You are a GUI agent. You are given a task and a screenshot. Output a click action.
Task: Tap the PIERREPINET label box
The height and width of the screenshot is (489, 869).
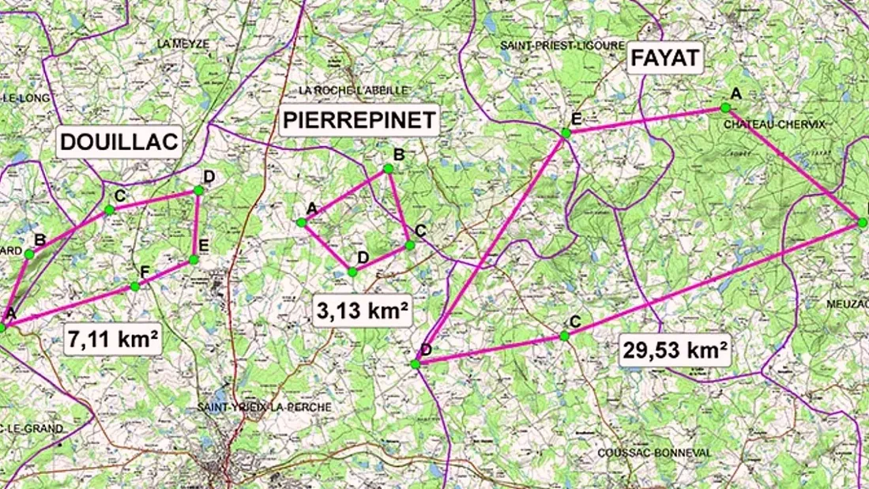[359, 120]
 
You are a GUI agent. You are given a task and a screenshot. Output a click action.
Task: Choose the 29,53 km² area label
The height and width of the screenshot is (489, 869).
[675, 350]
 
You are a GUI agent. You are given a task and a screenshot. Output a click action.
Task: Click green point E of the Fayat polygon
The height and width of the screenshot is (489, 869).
[566, 134]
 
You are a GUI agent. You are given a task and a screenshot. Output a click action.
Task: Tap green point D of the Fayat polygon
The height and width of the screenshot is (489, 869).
[416, 363]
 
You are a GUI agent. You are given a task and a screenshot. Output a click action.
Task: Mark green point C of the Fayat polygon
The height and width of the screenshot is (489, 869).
[564, 336]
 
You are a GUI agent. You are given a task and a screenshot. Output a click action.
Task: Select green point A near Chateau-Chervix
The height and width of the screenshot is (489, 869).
[724, 107]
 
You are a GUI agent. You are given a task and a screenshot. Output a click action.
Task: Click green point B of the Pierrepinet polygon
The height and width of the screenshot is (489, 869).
[389, 168]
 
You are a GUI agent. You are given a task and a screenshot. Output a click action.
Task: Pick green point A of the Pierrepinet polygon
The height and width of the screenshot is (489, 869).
[301, 223]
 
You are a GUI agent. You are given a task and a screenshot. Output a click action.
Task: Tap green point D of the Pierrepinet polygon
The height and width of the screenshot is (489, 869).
[352, 272]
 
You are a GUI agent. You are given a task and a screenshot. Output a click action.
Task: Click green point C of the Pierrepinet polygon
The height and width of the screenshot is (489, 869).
[410, 245]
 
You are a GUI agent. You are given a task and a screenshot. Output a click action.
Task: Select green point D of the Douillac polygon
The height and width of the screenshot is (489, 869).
[198, 190]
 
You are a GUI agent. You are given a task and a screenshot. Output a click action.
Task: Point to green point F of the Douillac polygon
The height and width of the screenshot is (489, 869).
[135, 286]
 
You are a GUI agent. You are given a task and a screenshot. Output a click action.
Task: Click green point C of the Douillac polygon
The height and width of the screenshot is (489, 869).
[109, 209]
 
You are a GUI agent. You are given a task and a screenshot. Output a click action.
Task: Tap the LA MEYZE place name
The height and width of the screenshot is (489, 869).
[183, 44]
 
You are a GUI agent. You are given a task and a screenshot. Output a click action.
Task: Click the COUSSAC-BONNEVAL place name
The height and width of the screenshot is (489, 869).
[655, 453]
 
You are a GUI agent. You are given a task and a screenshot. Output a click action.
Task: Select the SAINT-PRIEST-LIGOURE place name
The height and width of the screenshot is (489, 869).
[562, 46]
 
